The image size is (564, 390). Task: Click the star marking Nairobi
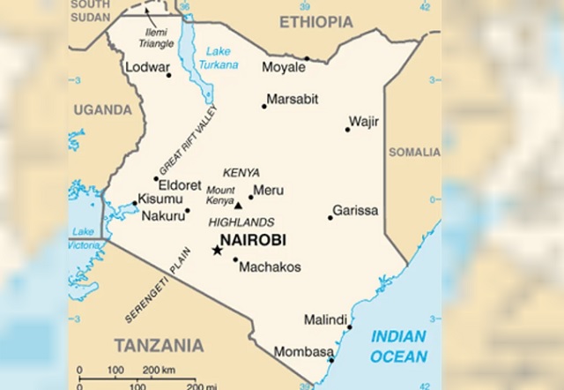218,250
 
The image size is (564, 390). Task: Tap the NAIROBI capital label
252,238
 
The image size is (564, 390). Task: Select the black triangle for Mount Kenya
238,206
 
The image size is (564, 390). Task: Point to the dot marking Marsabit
263,107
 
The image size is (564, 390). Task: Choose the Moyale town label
284,67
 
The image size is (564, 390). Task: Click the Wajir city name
363,121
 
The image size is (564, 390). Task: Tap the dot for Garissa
330,217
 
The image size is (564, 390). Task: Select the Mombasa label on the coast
304,351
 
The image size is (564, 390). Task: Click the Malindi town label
325,319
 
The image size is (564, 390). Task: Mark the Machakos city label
271,266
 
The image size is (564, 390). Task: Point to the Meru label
268,190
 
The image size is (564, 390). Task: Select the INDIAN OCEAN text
398,346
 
